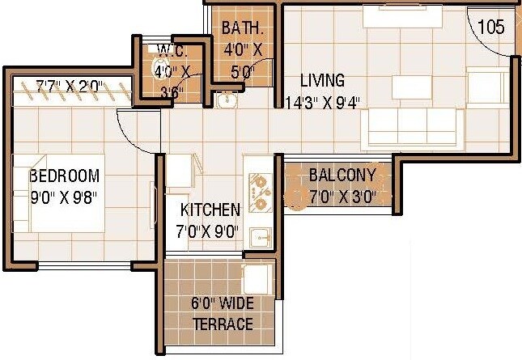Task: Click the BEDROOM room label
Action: click(64, 176)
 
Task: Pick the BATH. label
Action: click(244, 28)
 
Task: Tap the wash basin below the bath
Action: click(226, 101)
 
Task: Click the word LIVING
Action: click(322, 80)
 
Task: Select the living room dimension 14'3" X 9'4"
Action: click(323, 102)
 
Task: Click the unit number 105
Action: click(490, 27)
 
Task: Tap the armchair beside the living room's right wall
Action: click(486, 88)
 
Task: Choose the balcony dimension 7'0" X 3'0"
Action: click(342, 195)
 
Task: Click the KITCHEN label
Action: click(210, 210)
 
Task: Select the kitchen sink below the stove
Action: click(259, 236)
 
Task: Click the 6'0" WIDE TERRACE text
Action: click(223, 315)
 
